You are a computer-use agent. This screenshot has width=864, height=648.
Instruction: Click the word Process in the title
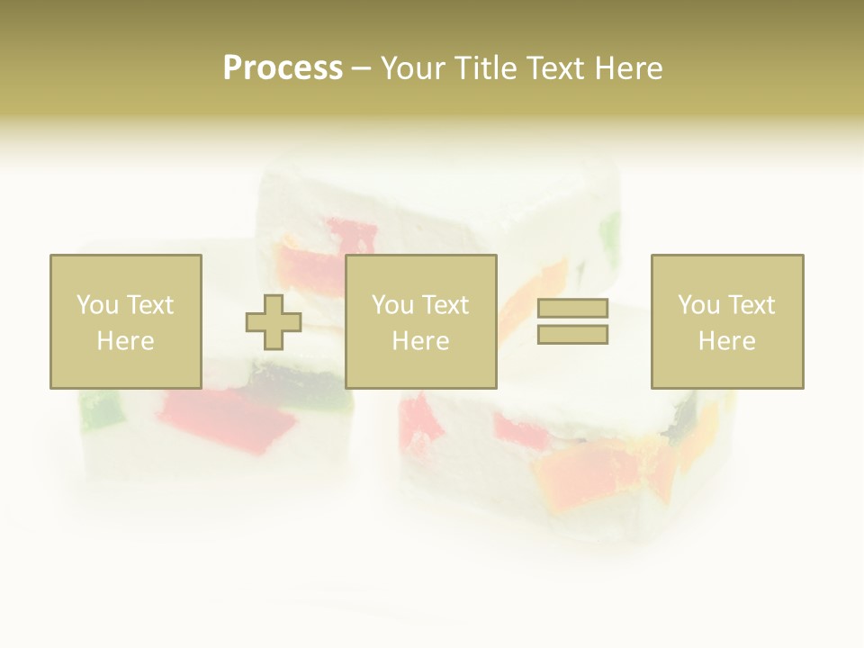(x=283, y=68)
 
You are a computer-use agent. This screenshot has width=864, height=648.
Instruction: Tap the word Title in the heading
(x=484, y=68)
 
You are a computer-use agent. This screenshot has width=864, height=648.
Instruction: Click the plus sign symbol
(x=274, y=322)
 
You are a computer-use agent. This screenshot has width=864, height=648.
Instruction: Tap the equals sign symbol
(x=572, y=321)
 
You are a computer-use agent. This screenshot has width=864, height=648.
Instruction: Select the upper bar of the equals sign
(x=572, y=309)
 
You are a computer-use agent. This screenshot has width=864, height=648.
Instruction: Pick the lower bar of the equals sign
(x=572, y=334)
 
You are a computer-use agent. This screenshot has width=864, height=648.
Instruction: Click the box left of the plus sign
(x=126, y=321)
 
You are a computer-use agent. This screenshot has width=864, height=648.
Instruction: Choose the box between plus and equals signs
(x=420, y=321)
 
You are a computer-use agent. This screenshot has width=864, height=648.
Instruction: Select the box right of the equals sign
(x=727, y=321)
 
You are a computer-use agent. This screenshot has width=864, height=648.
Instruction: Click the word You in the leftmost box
(x=96, y=305)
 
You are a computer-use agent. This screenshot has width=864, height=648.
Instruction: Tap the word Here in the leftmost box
(x=126, y=341)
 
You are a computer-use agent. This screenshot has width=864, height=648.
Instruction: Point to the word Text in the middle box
(x=445, y=305)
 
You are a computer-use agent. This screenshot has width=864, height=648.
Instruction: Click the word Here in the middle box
(x=420, y=341)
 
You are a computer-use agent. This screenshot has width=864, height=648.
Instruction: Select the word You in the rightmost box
(x=697, y=305)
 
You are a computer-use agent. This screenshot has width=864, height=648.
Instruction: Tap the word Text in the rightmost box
(x=751, y=305)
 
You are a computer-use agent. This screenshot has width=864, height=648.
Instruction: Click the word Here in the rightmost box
(x=727, y=341)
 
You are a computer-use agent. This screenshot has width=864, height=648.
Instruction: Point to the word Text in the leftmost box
(x=149, y=305)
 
